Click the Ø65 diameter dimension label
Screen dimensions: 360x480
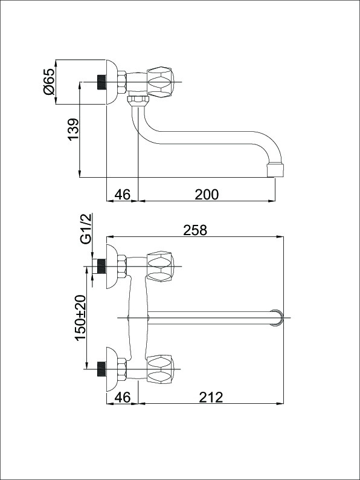[x=50, y=81]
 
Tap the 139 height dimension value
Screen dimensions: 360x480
[x=74, y=129]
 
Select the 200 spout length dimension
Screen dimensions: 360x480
[x=207, y=195]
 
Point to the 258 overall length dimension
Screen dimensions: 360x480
[x=195, y=230]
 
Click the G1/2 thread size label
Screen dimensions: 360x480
[x=86, y=229]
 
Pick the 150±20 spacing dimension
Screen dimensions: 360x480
[x=81, y=317]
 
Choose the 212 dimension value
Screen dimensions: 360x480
[x=211, y=397]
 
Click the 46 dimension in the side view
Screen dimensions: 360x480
[x=123, y=195]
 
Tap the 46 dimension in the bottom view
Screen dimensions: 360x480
[x=123, y=397]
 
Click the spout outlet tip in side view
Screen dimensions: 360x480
[x=275, y=170]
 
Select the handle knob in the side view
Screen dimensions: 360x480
[x=161, y=82]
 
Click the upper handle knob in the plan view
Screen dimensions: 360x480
[x=161, y=267]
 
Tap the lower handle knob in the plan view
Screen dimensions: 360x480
[x=161, y=369]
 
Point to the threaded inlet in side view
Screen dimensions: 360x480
[x=101, y=82]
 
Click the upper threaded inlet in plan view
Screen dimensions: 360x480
[x=101, y=267]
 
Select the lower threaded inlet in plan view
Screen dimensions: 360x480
[x=101, y=369]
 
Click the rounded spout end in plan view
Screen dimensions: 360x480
[x=277, y=317]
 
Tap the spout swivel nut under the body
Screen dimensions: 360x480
[x=138, y=100]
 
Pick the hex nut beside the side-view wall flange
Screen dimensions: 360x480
[x=122, y=82]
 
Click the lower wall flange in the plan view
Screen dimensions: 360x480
[x=111, y=369]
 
